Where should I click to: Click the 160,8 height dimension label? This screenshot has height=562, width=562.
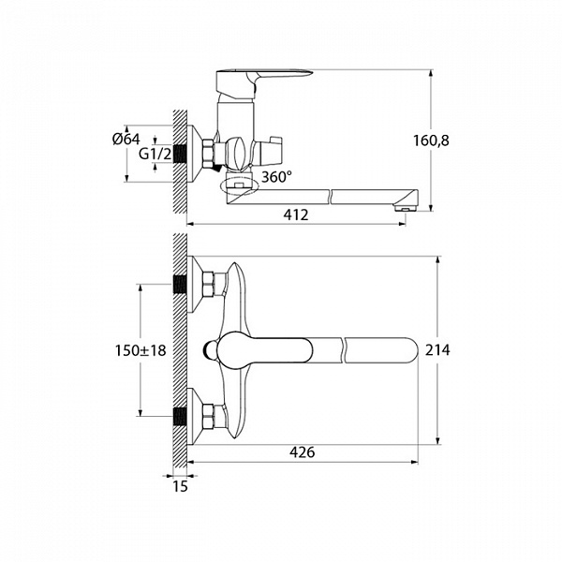[x=431, y=140]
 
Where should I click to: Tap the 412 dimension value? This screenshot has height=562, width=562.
[x=296, y=214]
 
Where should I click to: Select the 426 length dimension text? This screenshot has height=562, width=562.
[x=303, y=452]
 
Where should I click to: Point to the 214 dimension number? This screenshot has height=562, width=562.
[x=437, y=349]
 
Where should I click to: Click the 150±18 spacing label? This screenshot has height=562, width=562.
[x=140, y=350]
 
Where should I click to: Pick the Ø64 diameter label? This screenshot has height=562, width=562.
[x=126, y=139]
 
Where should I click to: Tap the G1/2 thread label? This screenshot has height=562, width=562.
[x=155, y=155]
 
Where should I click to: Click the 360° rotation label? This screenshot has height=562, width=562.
[x=276, y=177]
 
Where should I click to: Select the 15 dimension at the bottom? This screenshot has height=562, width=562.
[x=180, y=487]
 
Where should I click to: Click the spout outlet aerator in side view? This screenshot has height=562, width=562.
[x=405, y=208]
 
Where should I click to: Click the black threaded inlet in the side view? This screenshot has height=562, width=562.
[x=180, y=155]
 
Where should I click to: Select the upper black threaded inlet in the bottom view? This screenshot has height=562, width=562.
[x=180, y=285]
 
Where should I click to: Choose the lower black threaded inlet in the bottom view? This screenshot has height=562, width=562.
[x=180, y=417]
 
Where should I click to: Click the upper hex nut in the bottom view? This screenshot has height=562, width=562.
[x=208, y=284]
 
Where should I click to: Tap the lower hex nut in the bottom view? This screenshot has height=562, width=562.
[x=208, y=417]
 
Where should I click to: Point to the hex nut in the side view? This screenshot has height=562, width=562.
[x=208, y=155]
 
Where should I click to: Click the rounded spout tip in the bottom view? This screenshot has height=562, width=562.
[x=410, y=350]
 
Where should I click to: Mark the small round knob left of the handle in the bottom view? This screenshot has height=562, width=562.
[x=208, y=350]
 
